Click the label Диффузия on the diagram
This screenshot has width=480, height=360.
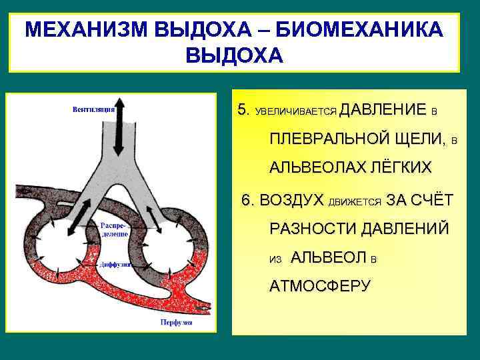tap(115, 265)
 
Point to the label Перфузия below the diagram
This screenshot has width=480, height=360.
tap(176, 323)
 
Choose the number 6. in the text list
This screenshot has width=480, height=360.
tap(248, 200)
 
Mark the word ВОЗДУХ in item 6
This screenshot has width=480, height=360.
tap(291, 200)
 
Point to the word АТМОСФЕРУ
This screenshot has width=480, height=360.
tap(319, 286)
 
